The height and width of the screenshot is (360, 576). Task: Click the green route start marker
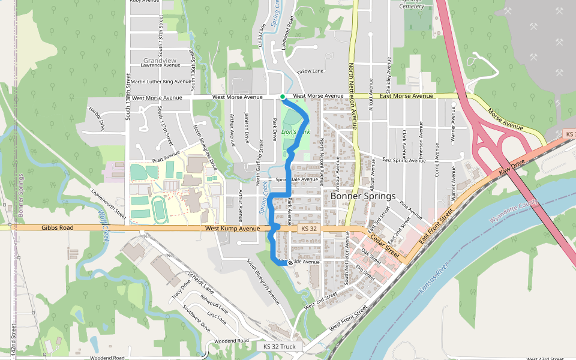tap(283, 96)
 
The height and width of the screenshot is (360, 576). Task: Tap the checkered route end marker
tap(290, 263)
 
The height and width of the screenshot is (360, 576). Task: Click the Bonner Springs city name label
tap(363, 196)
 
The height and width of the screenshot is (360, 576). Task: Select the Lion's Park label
tap(295, 131)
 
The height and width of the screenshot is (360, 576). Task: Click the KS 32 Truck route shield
tap(279, 347)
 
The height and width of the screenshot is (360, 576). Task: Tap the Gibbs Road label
tap(57, 228)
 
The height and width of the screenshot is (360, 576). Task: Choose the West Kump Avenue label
tap(230, 229)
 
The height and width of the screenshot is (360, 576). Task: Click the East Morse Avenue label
tap(407, 96)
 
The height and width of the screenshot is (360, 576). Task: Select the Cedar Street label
tap(385, 243)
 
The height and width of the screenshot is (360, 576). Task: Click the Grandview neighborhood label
tap(160, 61)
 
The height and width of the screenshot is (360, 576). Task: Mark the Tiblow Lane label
tap(310, 71)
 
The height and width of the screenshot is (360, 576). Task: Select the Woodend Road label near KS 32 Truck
tap(231, 341)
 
